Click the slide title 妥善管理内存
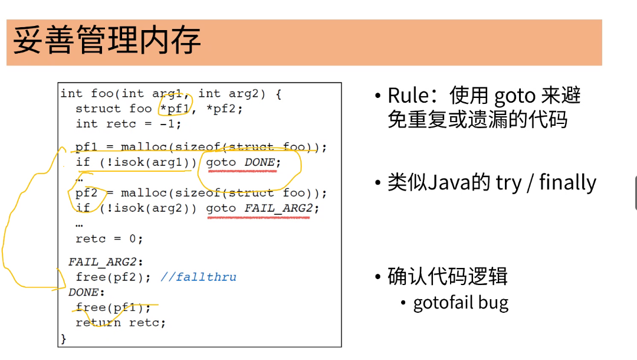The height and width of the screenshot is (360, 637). tap(107, 41)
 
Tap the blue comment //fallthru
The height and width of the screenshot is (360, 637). tap(198, 277)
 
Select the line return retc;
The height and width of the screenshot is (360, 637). tap(120, 323)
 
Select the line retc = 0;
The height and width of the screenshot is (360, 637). tap(109, 239)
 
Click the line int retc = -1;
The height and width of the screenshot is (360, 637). tap(128, 124)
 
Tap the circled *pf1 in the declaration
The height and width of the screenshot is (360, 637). tap(175, 108)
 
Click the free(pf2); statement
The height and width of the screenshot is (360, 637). tap(113, 277)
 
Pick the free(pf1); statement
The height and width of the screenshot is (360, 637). tap(113, 307)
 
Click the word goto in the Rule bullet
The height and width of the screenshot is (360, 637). tap(514, 96)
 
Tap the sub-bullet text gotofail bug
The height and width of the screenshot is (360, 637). tap(461, 303)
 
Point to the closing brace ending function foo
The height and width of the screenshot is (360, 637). tap(64, 339)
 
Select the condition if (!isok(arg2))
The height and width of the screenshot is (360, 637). tap(136, 208)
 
